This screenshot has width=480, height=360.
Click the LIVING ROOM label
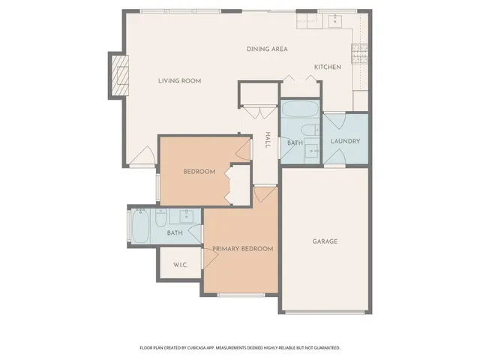[x=179, y=81]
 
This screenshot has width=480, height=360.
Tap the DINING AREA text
[x=267, y=49]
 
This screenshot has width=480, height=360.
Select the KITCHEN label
[x=327, y=67]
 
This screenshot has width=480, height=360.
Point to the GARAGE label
[x=325, y=241]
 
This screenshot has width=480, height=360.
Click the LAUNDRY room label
[x=345, y=141]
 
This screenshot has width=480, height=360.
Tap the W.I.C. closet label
[x=180, y=265]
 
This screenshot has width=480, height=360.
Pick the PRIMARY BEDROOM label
[x=241, y=248]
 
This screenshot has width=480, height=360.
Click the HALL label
[x=267, y=139]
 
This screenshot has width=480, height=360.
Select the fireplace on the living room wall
[x=118, y=75]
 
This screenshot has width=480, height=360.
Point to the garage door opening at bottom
[x=325, y=311]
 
